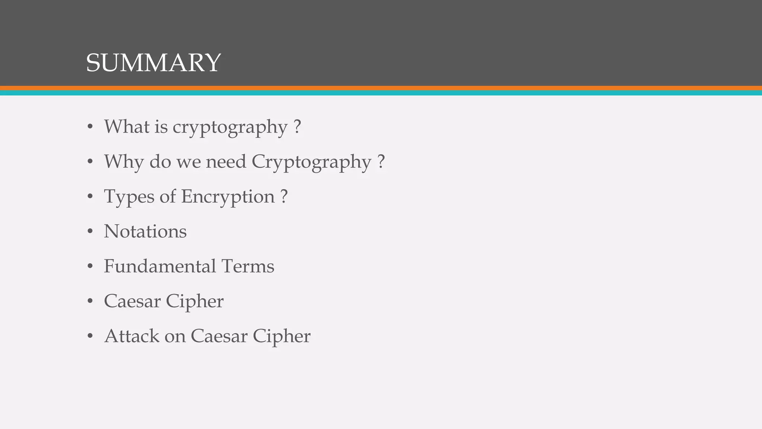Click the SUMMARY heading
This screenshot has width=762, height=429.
[153, 63]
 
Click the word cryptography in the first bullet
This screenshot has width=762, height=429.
[230, 127]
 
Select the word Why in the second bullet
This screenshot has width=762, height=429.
[124, 162]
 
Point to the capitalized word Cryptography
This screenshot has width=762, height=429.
[311, 162]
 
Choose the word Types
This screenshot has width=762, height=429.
[129, 197]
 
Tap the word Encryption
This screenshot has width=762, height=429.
[228, 197]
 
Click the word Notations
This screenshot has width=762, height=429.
[145, 231]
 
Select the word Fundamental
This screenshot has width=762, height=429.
[160, 266]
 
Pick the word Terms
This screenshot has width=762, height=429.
[248, 266]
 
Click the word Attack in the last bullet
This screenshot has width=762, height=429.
[132, 336]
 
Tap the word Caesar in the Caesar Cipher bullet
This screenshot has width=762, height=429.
[132, 301]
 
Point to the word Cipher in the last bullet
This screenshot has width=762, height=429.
[281, 337]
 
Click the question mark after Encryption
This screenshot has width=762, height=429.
[284, 196]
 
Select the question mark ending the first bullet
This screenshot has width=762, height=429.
[297, 127]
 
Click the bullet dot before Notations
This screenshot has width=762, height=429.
[90, 232]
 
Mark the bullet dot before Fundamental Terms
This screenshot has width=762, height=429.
[90, 267]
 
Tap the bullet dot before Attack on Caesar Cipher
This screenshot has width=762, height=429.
[90, 336]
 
